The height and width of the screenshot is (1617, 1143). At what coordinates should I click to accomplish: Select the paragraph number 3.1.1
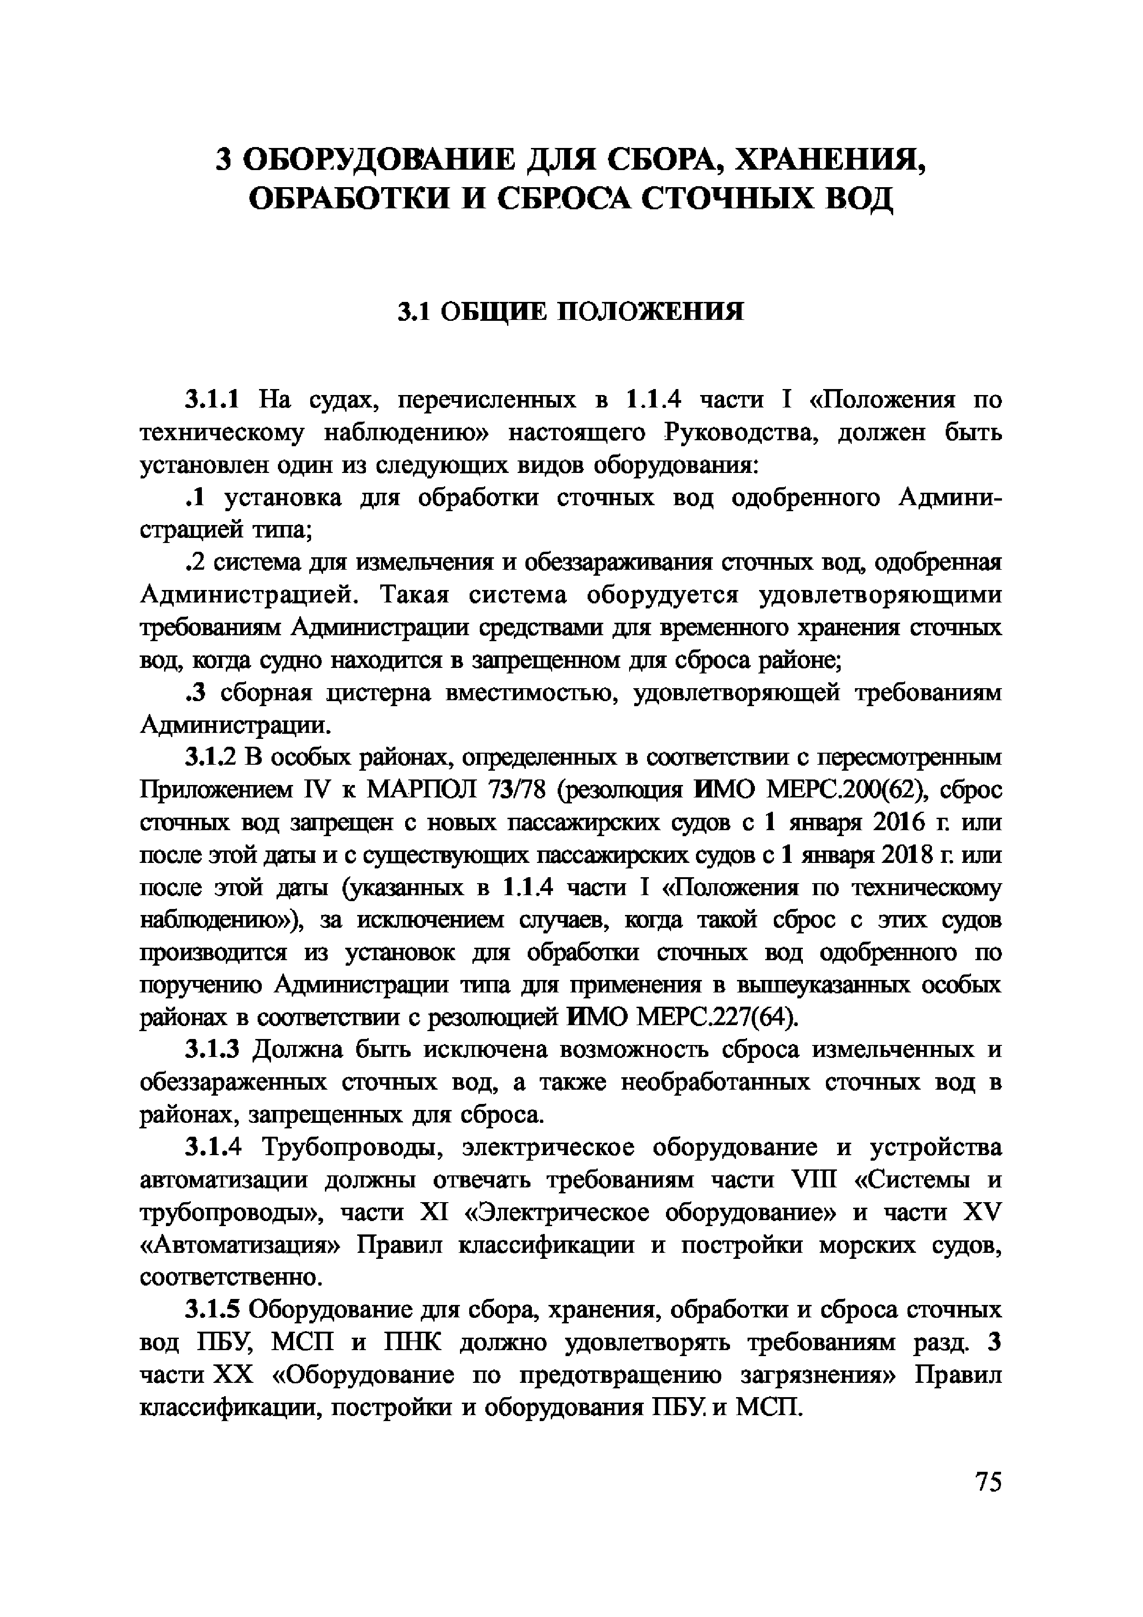coord(212,400)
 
